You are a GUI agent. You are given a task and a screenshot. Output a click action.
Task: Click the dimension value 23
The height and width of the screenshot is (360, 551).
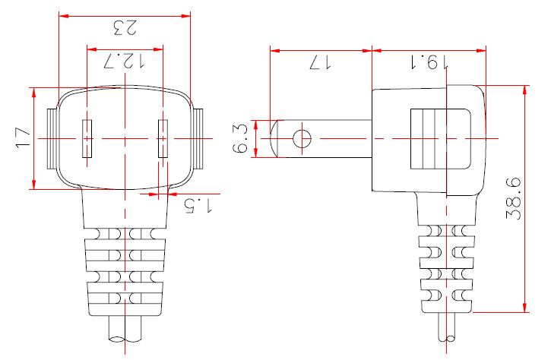click(x=124, y=28)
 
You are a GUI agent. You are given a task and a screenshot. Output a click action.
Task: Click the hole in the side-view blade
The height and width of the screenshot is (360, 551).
click(x=302, y=139)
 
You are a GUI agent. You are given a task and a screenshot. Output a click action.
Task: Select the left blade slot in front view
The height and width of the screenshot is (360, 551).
click(x=87, y=139)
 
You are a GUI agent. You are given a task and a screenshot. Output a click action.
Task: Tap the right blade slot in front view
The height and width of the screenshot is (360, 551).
click(x=162, y=139)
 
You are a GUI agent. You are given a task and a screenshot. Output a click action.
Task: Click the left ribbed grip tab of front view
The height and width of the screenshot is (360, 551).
click(x=52, y=139)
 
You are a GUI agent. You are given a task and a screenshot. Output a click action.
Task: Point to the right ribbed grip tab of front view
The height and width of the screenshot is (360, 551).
click(x=197, y=139)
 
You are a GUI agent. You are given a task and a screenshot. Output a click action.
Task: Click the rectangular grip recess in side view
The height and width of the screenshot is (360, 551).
click(x=440, y=139)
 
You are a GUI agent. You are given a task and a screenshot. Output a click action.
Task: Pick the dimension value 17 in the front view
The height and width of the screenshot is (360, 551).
click(x=23, y=137)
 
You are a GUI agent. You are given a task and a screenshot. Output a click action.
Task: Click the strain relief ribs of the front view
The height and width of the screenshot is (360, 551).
click(x=125, y=270)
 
